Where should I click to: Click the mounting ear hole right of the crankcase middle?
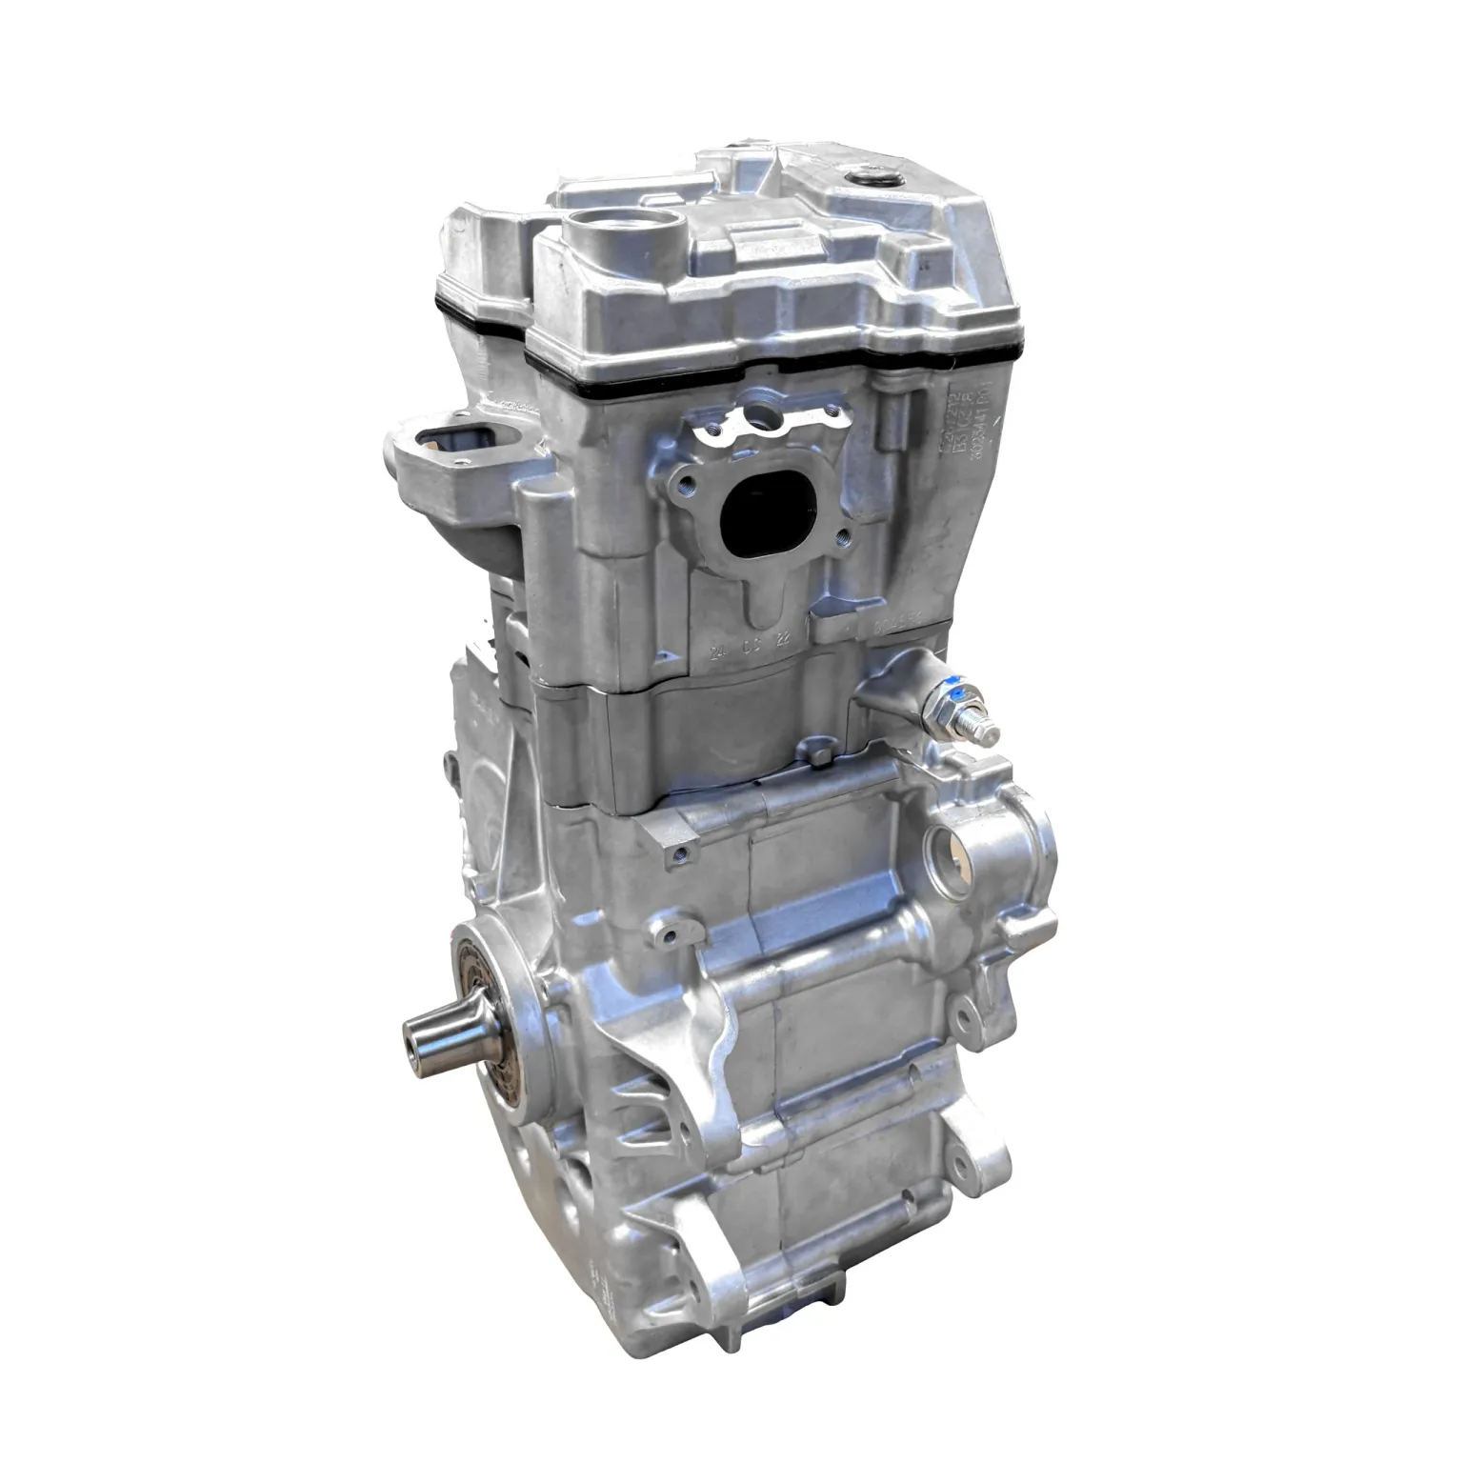968,1023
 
